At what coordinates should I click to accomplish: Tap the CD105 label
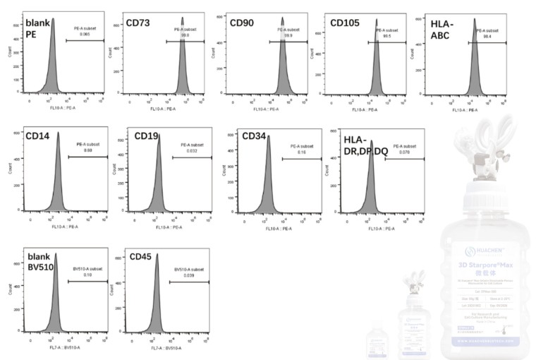click(345, 23)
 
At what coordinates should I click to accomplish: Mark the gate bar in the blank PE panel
click(85, 40)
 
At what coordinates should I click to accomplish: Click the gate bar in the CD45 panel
click(190, 282)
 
